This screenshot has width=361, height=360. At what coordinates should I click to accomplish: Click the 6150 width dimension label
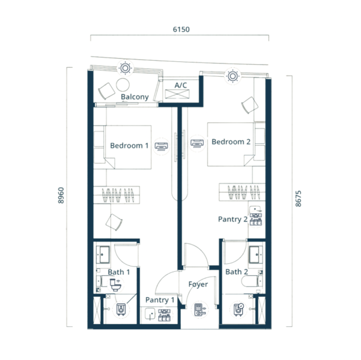[181, 29]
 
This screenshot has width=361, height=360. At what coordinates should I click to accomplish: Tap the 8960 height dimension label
[61, 195]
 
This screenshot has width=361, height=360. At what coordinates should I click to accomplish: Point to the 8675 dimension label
[298, 199]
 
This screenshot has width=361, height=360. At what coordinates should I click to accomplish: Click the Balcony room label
[135, 97]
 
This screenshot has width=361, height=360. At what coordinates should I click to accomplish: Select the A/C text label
[181, 85]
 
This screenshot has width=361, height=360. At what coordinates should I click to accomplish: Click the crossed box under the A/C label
[177, 94]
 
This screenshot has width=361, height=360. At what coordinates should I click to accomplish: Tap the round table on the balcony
[123, 85]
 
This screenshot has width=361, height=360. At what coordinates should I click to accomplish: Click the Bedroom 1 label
[129, 146]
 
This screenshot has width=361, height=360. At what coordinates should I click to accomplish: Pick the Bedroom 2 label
[231, 142]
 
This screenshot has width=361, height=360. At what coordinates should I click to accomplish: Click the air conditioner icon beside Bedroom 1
[161, 146]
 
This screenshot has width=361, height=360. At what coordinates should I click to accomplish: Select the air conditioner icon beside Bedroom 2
[197, 143]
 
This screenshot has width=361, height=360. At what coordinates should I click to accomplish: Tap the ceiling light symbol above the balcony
[126, 68]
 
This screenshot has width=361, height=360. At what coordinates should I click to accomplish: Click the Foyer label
[198, 284]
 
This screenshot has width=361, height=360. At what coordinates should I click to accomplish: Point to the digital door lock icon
[199, 310]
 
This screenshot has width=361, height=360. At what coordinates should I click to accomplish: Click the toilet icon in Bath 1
[115, 284]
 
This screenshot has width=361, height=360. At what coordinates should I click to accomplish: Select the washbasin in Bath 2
[256, 254]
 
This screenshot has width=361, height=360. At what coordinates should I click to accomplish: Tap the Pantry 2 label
[233, 220]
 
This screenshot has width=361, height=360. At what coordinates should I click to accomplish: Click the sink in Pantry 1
[150, 314]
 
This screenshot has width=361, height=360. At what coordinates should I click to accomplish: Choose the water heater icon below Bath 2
[238, 310]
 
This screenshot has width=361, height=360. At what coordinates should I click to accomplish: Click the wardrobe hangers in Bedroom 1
[118, 195]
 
